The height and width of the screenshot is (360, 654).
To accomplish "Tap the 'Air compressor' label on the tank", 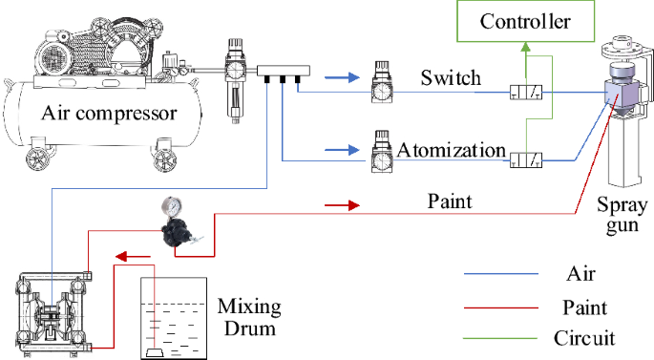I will (110, 115).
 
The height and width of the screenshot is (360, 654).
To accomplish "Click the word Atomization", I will (452, 150).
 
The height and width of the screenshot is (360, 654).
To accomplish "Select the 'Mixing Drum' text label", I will (249, 317).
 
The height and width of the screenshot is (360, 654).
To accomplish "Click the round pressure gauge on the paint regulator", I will (173, 206).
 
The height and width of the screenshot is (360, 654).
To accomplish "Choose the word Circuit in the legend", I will (585, 338).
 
